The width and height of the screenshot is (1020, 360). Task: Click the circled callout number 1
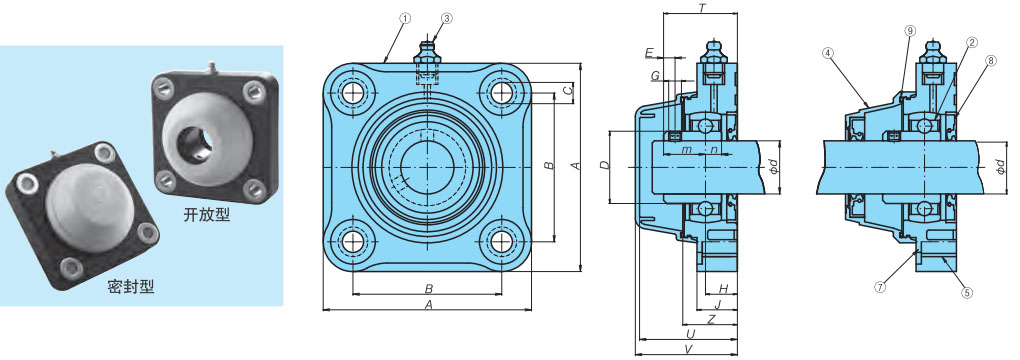[405, 19]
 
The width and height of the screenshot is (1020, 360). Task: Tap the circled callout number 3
[446, 19]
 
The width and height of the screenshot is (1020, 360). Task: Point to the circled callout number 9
[910, 31]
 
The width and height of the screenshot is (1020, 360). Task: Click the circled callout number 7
[880, 286]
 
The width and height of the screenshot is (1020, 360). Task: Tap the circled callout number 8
[991, 61]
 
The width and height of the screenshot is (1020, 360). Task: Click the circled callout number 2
[971, 42]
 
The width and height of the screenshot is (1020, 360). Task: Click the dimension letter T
[702, 8]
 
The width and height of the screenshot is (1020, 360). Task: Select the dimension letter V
[688, 349]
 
